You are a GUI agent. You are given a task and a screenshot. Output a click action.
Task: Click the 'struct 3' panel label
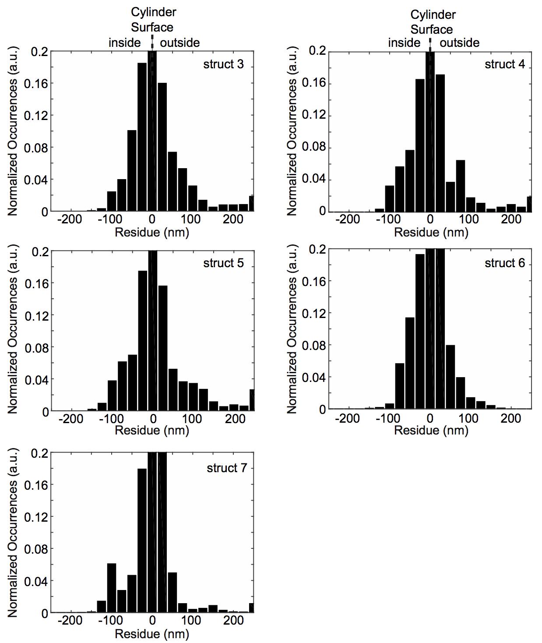pos(223,64)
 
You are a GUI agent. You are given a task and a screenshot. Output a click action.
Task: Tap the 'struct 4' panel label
pos(504,64)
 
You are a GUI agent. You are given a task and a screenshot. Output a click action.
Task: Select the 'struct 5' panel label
pos(223,263)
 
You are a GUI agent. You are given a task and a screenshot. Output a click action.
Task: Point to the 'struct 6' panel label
pos(504,263)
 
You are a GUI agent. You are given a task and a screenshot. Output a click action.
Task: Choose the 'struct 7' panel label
pos(227,468)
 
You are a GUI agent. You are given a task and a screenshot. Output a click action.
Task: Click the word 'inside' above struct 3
pos(125,43)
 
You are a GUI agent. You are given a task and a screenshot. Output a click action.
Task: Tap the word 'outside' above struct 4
pos(459,43)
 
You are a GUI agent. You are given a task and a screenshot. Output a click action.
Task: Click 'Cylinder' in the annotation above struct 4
pos(433,15)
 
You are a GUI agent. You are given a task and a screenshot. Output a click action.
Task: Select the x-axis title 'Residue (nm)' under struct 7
pos(152,633)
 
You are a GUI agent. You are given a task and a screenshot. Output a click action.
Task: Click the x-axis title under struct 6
pos(431,430)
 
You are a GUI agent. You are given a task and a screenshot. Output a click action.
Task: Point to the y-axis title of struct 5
pos(13,332)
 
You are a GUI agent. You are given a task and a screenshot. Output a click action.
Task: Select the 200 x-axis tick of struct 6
pos(511,418)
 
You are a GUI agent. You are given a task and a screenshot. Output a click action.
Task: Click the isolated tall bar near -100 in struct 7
pos(112,587)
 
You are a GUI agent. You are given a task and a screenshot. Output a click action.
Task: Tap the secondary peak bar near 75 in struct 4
pos(460,185)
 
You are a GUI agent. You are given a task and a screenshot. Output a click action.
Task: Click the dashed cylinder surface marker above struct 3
pos(152,42)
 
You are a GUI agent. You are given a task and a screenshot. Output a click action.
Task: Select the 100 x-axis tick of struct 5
pos(191,419)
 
